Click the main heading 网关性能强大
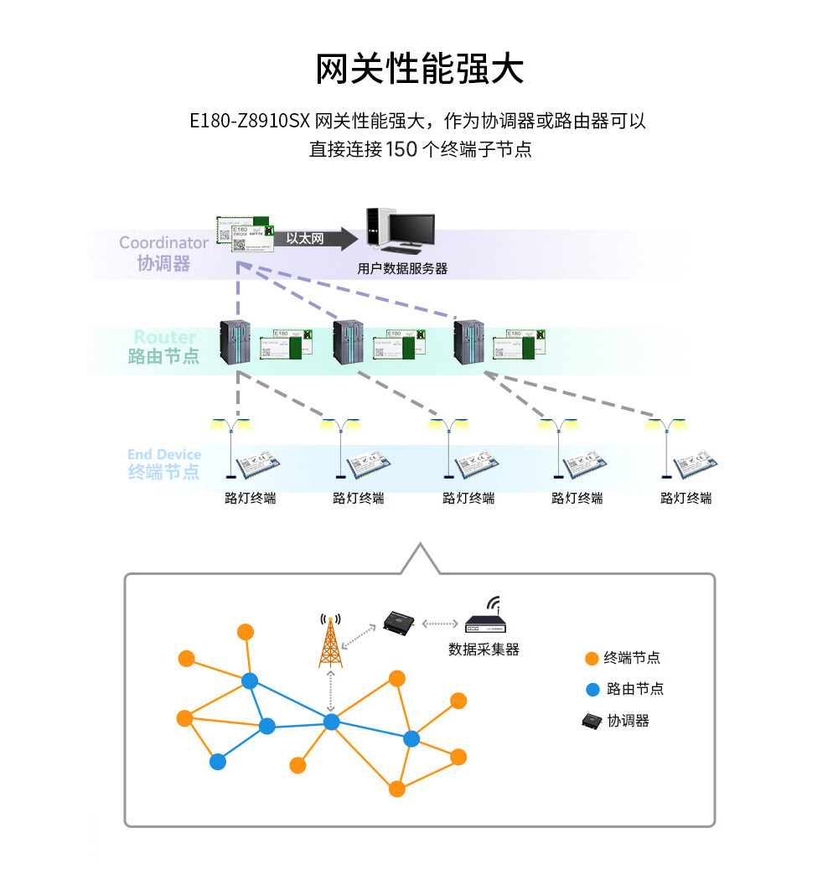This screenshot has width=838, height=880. pos(419,69)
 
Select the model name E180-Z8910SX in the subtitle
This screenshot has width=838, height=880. pos(250,121)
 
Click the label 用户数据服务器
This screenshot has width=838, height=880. pos(402,269)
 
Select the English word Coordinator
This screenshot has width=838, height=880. pos(163,243)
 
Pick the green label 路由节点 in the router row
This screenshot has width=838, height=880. pos(164,356)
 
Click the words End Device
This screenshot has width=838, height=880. pos(164,454)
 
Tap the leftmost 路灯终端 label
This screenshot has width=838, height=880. pos(250,498)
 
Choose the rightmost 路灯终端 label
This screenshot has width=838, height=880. pos(685,498)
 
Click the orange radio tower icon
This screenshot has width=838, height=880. pos(331,641)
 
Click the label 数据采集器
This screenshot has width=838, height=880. pos(484,650)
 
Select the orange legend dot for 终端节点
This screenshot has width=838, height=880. pos(592,659)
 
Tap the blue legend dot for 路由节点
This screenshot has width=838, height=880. pos(592,690)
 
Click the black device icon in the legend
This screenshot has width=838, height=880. pos(592,720)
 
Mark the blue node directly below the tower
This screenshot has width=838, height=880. pos(331,722)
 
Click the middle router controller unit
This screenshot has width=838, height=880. pos(349,344)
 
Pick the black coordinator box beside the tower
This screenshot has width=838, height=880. pos(398,621)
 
